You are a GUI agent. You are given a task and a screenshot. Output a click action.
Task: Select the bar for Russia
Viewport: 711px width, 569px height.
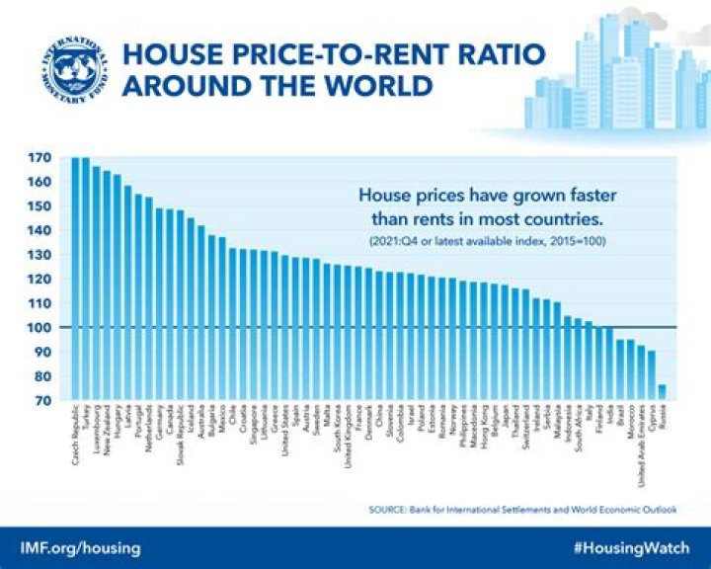(x=662, y=392)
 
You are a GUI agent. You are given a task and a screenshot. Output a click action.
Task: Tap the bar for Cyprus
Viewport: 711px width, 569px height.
(x=651, y=375)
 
